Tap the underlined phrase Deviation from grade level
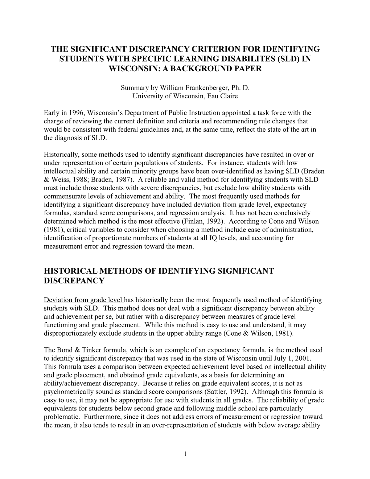(84, 300)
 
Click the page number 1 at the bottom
(185, 454)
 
